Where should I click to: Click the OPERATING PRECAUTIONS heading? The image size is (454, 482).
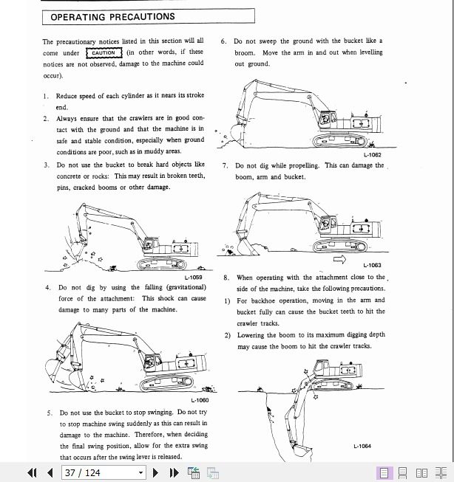[x=113, y=16]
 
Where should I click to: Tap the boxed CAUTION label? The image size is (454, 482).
[x=104, y=52]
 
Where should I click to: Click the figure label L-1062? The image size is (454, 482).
[x=372, y=156]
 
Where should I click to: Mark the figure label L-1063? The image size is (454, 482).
[x=372, y=266]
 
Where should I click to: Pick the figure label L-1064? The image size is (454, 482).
[x=362, y=446]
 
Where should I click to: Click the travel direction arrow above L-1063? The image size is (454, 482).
[x=341, y=258]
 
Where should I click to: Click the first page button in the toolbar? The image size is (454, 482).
[x=32, y=472]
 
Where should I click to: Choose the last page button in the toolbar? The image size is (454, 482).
[x=175, y=472]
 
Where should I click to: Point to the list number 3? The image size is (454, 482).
[x=46, y=165]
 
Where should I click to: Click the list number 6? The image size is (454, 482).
[x=224, y=41]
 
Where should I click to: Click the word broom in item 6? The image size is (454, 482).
[x=245, y=53]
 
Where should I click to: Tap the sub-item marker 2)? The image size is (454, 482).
[x=228, y=335]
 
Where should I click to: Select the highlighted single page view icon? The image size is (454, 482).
[x=384, y=472]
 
